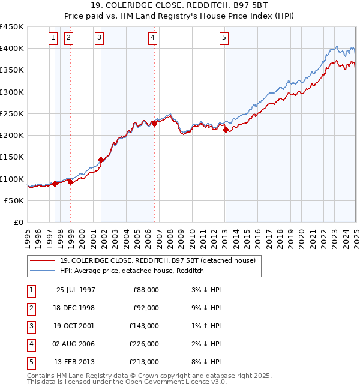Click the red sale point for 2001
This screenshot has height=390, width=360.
coord(101,160)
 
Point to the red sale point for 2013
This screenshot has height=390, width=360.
coord(226,130)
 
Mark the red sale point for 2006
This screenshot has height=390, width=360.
coord(154,124)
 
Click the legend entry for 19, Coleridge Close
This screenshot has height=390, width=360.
coord(158,260)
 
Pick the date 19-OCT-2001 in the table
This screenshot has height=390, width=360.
coord(75,326)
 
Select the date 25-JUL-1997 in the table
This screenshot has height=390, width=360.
coord(75,290)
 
